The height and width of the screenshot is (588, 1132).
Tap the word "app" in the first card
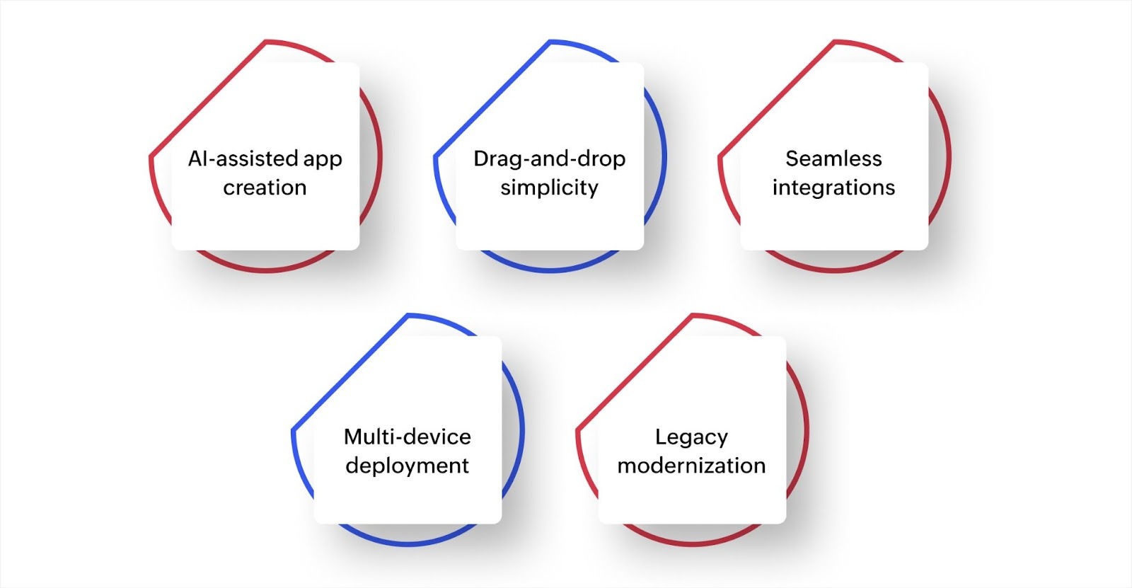pyautogui.click(x=323, y=160)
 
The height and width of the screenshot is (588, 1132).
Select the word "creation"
pyautogui.click(x=265, y=188)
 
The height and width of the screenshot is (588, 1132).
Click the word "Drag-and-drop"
pyautogui.click(x=549, y=158)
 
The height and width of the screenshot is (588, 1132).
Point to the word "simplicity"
pyautogui.click(x=549, y=188)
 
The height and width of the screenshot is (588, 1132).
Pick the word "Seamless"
pyautogui.click(x=833, y=158)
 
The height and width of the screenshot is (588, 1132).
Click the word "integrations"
pyautogui.click(x=833, y=188)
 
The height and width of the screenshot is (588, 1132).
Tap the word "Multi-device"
pyautogui.click(x=407, y=437)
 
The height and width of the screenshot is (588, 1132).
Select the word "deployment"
pyautogui.click(x=407, y=466)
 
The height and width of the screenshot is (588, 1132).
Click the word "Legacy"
pyautogui.click(x=691, y=437)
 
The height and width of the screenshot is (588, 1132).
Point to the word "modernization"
pyautogui.click(x=691, y=466)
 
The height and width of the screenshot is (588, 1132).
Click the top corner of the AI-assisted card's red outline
pyautogui.click(x=266, y=42)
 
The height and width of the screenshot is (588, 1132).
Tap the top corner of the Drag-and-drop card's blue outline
pyautogui.click(x=550, y=42)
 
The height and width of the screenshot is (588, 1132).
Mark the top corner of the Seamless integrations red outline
pyautogui.click(x=835, y=42)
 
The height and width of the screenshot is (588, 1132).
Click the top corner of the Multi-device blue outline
pyautogui.click(x=408, y=316)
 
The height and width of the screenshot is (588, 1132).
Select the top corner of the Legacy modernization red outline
pyautogui.click(x=693, y=316)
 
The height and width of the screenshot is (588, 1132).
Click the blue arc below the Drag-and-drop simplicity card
pyautogui.click(x=550, y=270)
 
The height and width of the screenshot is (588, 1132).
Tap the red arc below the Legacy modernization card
pyautogui.click(x=693, y=543)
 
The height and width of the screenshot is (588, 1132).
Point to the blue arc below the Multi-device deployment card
pyautogui.click(x=408, y=543)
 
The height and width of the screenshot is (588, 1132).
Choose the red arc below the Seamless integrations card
pyautogui.click(x=835, y=270)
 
